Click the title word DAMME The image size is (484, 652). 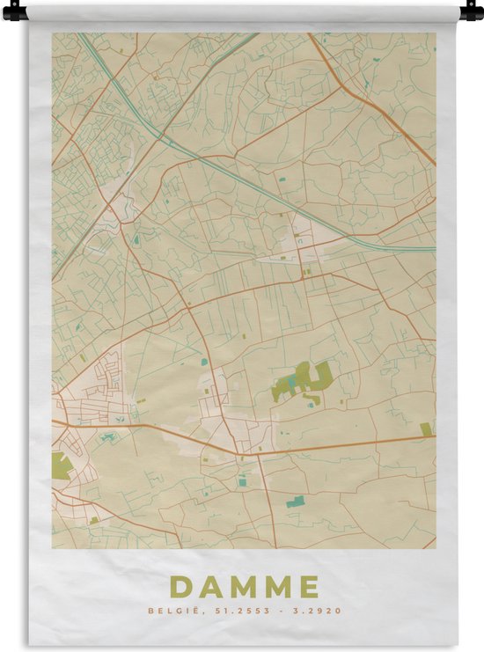coord(244,586)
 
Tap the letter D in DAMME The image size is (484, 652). coord(181,586)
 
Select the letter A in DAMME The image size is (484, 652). coord(210,586)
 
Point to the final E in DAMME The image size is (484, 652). coord(308,586)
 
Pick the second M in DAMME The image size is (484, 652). coord(276,586)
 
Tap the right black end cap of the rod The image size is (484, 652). coord(470,12)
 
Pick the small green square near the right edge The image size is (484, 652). coord(426,429)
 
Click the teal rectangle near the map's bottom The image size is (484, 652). coord(295,502)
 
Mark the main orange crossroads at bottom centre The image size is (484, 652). coord(238,453)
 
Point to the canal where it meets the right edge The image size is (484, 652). coord(433,249)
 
